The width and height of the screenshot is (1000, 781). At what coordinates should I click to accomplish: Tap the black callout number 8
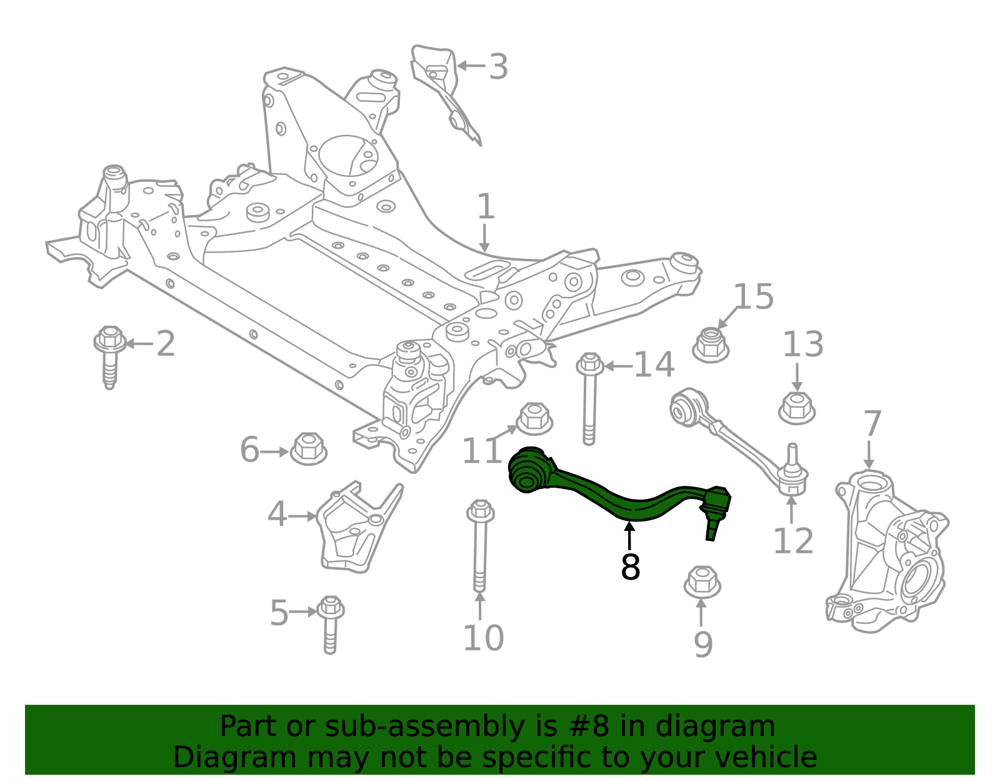pyautogui.click(x=630, y=567)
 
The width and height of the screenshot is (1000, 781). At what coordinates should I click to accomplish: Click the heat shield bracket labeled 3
pyautogui.click(x=444, y=88)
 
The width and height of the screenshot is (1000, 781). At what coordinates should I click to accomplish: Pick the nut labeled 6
pyautogui.click(x=309, y=448)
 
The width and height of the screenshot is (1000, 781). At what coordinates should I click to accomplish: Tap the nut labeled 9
pyautogui.click(x=702, y=582)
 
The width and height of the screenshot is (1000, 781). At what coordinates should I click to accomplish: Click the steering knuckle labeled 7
pyautogui.click(x=887, y=550)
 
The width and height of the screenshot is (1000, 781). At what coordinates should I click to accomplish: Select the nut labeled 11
pyautogui.click(x=534, y=418)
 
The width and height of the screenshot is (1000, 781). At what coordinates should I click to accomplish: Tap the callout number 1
pyautogui.click(x=486, y=208)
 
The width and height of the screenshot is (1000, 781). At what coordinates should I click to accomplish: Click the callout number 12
pyautogui.click(x=792, y=542)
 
